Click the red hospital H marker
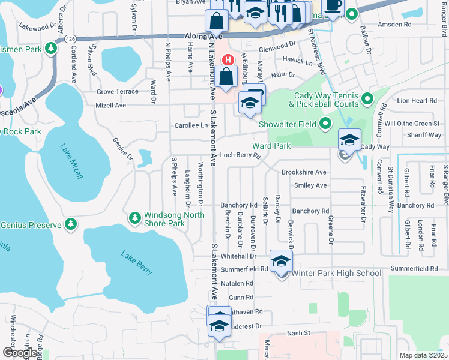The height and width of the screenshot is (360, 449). click(228, 59)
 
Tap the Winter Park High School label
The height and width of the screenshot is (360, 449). click(336, 274)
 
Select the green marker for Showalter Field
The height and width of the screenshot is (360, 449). click(325, 124)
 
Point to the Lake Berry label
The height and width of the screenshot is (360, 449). click(137, 262)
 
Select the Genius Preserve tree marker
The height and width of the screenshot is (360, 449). click(71, 224)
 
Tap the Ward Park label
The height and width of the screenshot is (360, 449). click(271, 146)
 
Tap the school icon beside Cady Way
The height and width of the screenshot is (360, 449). click(349, 140)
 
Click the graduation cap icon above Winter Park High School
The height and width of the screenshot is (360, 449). click(280, 261)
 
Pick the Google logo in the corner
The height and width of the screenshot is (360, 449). click(19, 353)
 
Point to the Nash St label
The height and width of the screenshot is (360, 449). click(298, 332)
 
